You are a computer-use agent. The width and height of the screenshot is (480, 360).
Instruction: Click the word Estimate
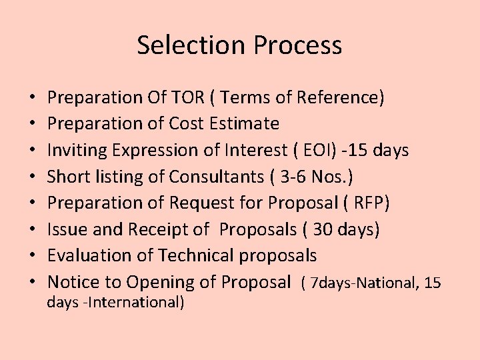point(246,124)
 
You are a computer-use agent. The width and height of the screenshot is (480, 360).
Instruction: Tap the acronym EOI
point(320,151)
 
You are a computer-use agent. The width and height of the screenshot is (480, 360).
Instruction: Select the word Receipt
point(158,229)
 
